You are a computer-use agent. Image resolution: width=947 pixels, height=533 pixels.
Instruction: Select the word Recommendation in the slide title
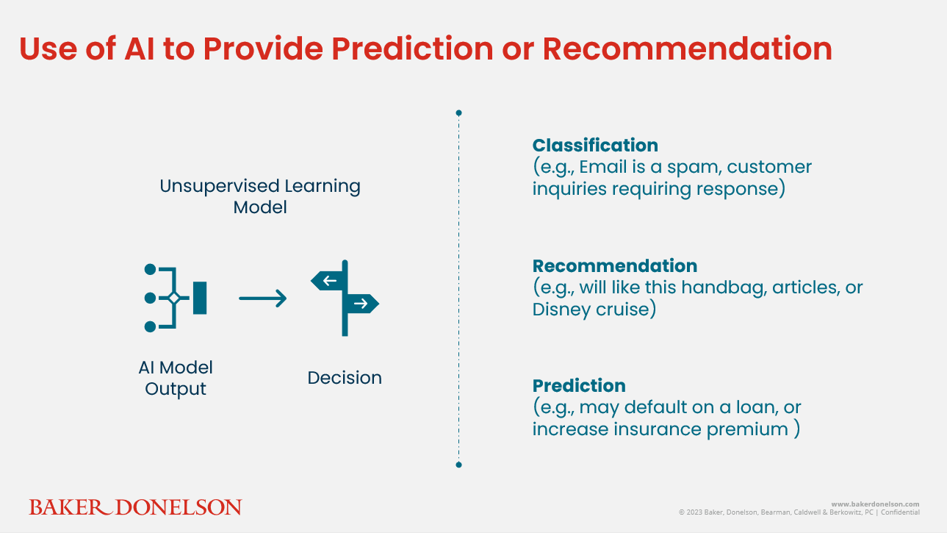688,49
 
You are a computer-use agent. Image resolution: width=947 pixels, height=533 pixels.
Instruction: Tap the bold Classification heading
595,145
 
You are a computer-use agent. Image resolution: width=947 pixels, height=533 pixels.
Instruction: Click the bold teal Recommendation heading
615,265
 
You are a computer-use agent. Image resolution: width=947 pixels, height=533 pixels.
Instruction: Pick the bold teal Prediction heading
579,385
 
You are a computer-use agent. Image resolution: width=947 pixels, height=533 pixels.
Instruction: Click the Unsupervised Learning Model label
260,196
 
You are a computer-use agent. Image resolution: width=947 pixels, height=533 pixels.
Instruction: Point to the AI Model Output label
176,378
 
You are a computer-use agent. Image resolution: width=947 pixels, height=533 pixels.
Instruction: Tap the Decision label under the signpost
345,377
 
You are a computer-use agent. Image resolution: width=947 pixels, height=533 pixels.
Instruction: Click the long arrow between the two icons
263,298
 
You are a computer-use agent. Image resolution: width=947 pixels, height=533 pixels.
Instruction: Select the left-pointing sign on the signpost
329,280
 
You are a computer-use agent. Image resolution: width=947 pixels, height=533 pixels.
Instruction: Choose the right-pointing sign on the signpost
361,304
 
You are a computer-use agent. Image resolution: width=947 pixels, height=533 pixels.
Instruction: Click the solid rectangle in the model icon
200,298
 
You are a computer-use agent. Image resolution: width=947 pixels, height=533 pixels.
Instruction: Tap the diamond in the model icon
174,298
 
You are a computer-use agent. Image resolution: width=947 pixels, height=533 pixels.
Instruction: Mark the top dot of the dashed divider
458,113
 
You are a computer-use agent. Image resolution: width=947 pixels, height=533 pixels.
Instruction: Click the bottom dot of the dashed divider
458,465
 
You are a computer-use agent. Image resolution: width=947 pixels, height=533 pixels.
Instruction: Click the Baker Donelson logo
135,507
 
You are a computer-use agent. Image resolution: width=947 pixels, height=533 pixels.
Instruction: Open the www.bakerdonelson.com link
875,504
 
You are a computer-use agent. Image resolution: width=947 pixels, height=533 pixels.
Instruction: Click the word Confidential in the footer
900,512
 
